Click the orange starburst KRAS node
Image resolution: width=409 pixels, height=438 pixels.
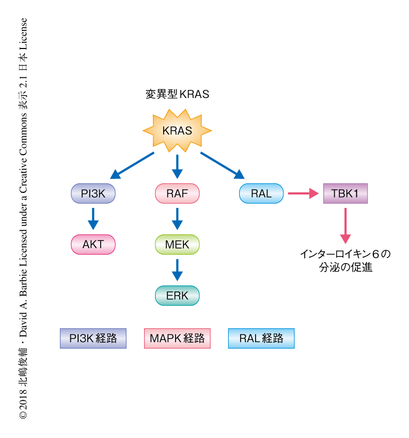click(x=177, y=131)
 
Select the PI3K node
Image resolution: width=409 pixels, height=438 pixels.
click(x=93, y=194)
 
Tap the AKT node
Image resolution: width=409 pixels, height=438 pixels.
click(x=93, y=245)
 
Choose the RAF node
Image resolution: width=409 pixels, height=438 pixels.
click(x=177, y=194)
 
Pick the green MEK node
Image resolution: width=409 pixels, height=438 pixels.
click(x=177, y=245)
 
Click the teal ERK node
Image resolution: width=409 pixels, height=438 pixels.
click(x=177, y=296)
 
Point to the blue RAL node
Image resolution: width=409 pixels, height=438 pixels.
click(x=261, y=194)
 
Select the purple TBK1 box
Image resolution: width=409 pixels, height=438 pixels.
click(x=345, y=194)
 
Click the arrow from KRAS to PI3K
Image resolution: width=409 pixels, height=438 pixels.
click(x=132, y=166)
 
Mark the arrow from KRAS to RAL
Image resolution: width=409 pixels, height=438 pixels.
click(x=223, y=166)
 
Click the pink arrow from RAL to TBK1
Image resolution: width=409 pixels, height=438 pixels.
click(x=303, y=194)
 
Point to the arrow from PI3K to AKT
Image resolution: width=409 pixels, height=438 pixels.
click(x=93, y=219)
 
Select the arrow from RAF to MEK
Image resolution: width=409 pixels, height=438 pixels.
click(x=177, y=219)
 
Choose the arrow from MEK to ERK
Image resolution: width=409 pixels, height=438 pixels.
click(x=177, y=270)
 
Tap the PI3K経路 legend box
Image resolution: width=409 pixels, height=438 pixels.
click(x=93, y=338)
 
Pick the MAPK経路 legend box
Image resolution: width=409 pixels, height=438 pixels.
click(x=177, y=338)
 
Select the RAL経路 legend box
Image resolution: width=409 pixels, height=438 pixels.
click(x=261, y=338)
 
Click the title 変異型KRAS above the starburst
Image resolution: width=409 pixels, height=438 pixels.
click(x=177, y=94)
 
